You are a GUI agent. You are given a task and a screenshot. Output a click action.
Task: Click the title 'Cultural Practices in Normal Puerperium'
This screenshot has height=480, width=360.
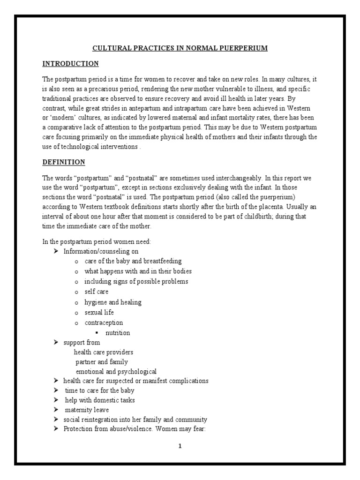[180, 48]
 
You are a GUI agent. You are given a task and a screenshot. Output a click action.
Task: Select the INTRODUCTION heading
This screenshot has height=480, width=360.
[70, 63]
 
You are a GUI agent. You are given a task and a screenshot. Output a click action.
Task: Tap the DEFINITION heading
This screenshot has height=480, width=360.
[64, 162]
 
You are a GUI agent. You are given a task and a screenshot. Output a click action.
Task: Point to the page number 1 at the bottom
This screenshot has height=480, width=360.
[180, 446]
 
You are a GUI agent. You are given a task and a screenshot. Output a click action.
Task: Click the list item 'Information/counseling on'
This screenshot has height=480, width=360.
[101, 251]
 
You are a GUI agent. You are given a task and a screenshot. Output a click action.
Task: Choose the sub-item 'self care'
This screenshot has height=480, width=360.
[96, 292]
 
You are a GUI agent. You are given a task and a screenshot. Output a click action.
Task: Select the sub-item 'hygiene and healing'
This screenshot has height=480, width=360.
[112, 302]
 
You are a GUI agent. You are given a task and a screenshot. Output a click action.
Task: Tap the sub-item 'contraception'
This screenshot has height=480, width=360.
[104, 322]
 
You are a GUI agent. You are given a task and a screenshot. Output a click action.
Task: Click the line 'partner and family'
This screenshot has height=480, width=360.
[101, 362]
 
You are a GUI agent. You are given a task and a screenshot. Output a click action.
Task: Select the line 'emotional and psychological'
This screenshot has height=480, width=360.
[116, 372]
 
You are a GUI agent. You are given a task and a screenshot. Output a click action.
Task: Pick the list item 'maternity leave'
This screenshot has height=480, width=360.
[87, 410]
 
